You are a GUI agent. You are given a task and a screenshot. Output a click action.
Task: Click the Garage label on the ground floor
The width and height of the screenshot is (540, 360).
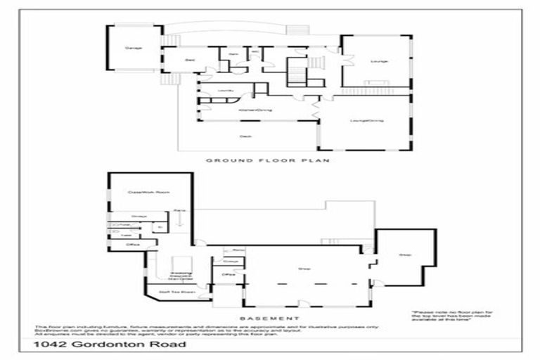133,48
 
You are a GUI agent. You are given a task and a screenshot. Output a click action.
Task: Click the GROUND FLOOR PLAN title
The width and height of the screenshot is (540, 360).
268,160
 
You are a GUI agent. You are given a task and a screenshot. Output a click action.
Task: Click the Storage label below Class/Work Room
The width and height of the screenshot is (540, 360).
139,216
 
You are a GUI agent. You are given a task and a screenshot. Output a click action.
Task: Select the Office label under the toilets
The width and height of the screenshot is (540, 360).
131,245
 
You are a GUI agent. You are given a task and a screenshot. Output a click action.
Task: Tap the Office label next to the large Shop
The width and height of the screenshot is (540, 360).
227,274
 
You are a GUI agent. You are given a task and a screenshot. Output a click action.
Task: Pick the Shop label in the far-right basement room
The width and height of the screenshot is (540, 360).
405,255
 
